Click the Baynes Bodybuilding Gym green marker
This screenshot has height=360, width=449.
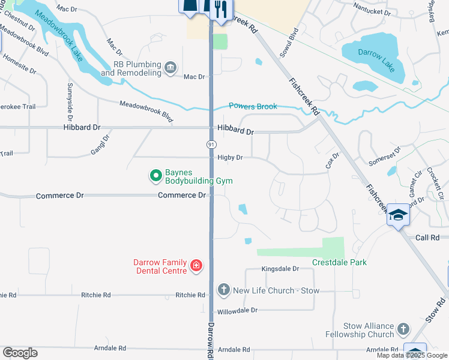click(156, 176)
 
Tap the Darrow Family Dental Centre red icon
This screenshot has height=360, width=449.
click(196, 265)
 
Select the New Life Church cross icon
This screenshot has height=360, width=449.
click(223, 290)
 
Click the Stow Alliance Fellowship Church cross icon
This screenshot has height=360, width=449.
click(403, 329)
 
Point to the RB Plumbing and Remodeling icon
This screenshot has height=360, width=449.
click(170, 67)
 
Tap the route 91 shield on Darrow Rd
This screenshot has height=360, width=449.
click(211, 145)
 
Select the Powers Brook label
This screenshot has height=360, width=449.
click(253, 106)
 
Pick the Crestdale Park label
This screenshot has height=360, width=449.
click(339, 262)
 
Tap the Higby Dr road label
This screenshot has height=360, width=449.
click(230, 158)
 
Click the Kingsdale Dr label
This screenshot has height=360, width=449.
click(280, 269)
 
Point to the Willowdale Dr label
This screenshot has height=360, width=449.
click(237, 311)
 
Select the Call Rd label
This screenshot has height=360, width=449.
click(427, 238)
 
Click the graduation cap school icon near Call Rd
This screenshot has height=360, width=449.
click(398, 214)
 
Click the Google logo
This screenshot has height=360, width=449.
click(20, 353)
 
